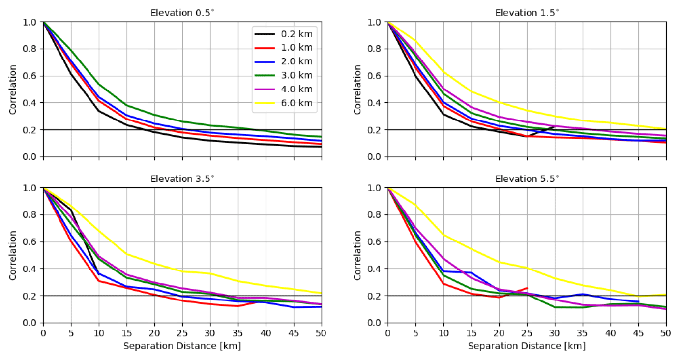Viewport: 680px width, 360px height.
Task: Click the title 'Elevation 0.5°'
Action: (x=182, y=12)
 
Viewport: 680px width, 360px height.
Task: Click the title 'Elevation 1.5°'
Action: (x=527, y=12)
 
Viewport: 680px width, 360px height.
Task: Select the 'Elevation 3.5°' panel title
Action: (x=182, y=178)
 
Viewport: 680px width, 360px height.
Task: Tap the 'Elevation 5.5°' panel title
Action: (x=527, y=178)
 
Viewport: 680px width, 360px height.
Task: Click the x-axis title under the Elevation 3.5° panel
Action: (x=182, y=346)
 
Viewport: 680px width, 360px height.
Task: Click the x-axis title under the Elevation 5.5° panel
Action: (x=527, y=346)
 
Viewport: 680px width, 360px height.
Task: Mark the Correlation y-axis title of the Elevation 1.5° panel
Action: (x=357, y=90)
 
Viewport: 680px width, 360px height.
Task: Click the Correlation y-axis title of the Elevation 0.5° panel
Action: (x=13, y=90)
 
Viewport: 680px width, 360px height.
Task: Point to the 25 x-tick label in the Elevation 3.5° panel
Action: (x=182, y=332)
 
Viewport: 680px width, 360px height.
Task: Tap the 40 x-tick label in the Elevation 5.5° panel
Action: (x=610, y=332)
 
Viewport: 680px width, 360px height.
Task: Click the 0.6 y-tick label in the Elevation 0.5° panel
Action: (x=30, y=76)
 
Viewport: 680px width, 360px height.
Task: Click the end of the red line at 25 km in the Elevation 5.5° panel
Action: (x=527, y=288)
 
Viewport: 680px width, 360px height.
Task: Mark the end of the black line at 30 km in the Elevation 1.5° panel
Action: (x=555, y=127)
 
